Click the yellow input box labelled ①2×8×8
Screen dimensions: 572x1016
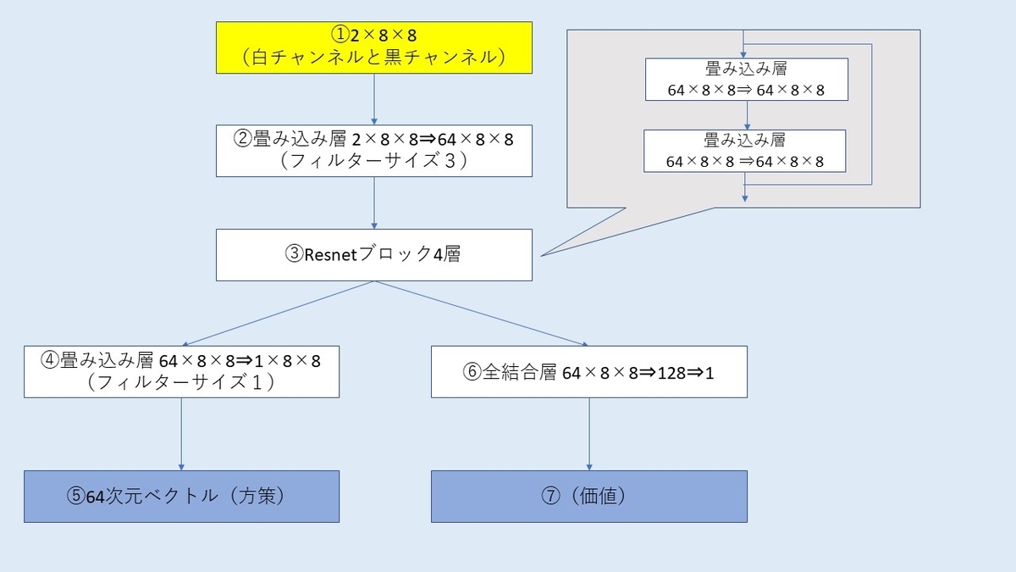point(373,47)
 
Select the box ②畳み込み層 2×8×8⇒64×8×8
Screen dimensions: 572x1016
point(373,151)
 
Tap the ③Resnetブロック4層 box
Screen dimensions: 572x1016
point(373,254)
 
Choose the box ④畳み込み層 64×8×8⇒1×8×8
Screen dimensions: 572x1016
point(181,371)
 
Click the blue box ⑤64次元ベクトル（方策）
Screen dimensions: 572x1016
point(181,497)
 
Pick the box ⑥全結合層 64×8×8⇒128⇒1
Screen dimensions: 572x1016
point(588,371)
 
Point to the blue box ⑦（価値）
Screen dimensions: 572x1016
point(588,497)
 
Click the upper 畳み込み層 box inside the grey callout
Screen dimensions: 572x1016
point(745,80)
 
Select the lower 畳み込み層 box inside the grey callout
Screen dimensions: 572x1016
point(745,151)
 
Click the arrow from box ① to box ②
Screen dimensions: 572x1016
point(373,98)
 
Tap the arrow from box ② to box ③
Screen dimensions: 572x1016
point(373,203)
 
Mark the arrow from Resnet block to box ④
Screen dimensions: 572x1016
point(279,313)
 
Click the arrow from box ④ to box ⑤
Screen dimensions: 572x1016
point(181,434)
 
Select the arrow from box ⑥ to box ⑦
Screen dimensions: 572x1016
point(588,434)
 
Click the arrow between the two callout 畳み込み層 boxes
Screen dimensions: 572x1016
point(745,115)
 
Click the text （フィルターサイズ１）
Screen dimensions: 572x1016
point(181,382)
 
